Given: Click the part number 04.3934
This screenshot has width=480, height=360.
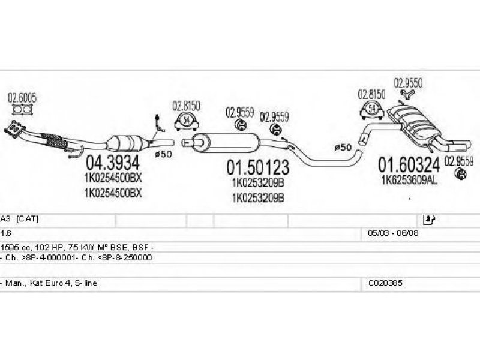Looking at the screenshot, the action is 113,163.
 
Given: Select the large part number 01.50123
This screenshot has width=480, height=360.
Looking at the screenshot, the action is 257,167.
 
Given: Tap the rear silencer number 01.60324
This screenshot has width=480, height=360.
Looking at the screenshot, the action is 409,165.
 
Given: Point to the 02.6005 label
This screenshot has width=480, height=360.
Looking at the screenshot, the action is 22,98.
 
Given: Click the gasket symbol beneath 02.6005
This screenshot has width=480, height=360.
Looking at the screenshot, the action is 22,110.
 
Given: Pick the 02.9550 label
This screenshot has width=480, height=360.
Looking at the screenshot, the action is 408,83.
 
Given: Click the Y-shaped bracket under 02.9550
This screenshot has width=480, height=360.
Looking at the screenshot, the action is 407,94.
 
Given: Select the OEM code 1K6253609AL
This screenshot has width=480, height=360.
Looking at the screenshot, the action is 409,181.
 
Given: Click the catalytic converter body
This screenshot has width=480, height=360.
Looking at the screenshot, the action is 125,143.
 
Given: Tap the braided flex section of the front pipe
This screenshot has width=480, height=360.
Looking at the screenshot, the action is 54,141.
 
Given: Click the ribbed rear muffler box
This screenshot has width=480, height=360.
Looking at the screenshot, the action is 413,122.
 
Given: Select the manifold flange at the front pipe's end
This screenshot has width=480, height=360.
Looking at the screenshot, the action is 13,130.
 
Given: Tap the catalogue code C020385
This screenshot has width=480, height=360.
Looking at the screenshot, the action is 385,283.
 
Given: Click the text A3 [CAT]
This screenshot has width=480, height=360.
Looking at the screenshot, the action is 20,219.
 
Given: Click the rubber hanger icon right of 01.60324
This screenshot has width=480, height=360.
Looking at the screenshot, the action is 460,174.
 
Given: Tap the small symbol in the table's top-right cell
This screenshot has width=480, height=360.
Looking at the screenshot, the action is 428,219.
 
